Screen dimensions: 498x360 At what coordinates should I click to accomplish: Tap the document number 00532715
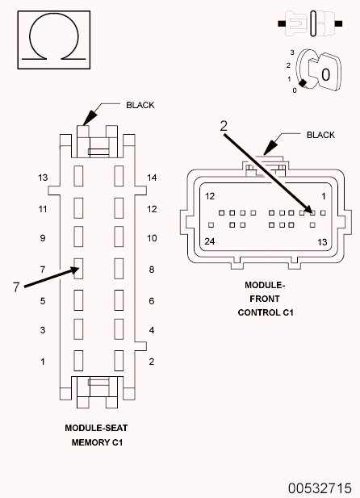[x=318, y=488]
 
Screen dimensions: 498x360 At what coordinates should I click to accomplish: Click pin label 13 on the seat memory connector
[x=43, y=178]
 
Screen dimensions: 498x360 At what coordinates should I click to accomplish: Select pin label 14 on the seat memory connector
[x=152, y=178]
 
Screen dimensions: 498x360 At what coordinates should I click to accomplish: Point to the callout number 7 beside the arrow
[x=15, y=287]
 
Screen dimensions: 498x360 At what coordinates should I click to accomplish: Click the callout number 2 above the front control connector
[x=224, y=125]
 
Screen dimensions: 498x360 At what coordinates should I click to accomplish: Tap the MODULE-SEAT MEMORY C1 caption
[x=97, y=435]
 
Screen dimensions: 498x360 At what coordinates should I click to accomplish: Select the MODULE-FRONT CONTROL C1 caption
[x=266, y=299]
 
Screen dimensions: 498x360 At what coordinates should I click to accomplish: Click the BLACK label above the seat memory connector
[x=140, y=105]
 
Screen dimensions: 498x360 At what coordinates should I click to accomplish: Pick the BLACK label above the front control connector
[x=320, y=135]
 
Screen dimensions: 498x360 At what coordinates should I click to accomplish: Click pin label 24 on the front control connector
[x=209, y=241]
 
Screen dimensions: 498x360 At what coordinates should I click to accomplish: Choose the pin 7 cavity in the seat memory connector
[x=79, y=267]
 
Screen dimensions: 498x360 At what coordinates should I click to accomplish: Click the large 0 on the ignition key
[x=326, y=73]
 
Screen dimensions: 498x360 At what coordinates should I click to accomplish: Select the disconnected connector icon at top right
[x=311, y=23]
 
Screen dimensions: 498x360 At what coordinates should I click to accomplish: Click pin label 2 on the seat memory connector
[x=151, y=362]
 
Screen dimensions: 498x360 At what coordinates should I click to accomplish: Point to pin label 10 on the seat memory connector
[x=152, y=239]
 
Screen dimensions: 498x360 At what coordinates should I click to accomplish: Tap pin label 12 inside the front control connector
[x=209, y=196]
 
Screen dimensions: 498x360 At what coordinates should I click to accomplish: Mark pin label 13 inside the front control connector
[x=322, y=241]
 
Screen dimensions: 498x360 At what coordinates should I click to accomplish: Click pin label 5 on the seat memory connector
[x=43, y=301]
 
